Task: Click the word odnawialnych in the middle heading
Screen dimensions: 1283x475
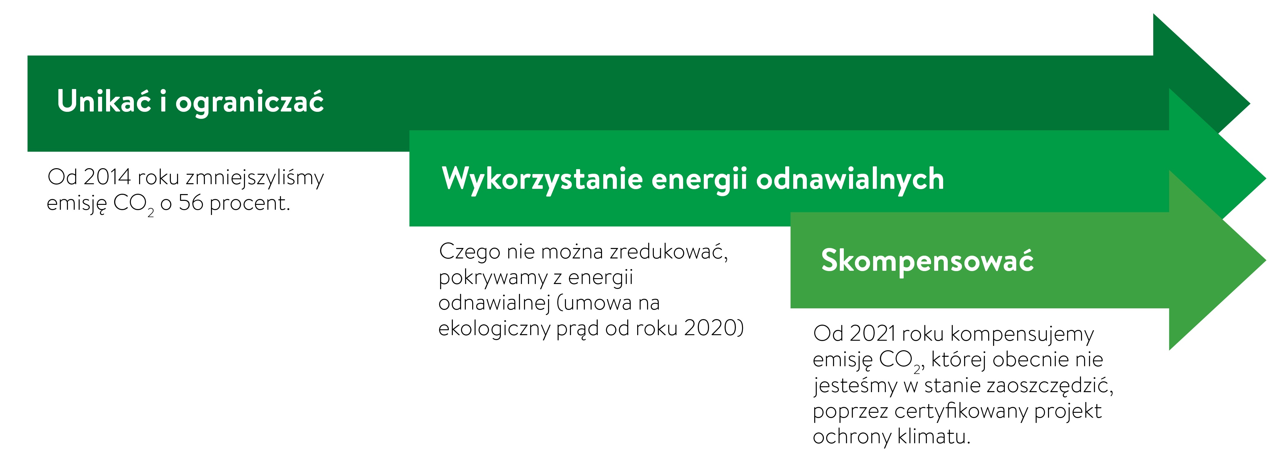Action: point(850,179)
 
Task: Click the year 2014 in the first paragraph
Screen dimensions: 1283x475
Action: point(107,177)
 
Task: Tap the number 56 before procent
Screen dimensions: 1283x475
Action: point(191,203)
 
